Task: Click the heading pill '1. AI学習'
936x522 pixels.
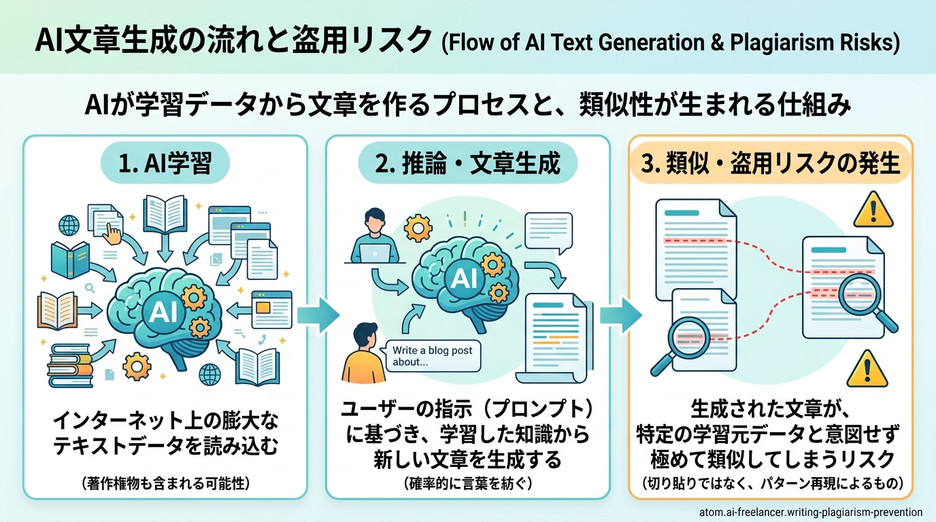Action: tap(166, 164)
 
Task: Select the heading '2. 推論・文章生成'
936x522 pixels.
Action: tap(467, 164)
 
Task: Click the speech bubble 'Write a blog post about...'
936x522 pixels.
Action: tap(432, 355)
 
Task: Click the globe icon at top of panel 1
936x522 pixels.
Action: tap(70, 224)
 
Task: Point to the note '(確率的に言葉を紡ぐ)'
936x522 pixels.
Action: tap(467, 483)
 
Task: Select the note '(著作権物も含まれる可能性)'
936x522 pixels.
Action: tap(165, 484)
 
